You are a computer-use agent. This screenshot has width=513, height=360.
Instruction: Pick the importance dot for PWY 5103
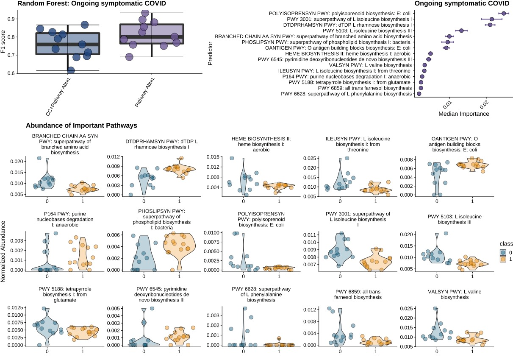pos(461,31)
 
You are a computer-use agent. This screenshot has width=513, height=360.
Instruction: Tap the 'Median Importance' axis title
pos(464,114)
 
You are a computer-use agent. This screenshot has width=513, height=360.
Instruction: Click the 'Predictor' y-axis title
pos(211,53)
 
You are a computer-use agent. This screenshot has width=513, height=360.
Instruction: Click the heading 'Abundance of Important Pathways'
pos(81,126)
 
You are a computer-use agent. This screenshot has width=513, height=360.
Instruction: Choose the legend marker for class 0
pos(502,252)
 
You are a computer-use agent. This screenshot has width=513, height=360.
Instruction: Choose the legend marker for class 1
pos(502,259)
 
